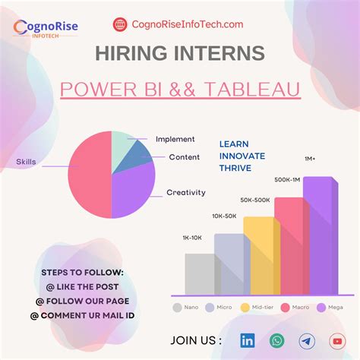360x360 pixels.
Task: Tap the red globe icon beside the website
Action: pos(120,24)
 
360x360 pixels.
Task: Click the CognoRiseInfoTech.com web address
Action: pos(188,24)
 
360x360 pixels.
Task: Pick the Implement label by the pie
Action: pos(175,139)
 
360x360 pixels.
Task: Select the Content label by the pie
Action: pos(185,157)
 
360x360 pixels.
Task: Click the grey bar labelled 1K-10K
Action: pos(200,273)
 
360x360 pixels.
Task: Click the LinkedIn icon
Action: pos(248,341)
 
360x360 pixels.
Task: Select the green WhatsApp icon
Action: pos(277,341)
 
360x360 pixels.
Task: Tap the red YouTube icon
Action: pos(337,341)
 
